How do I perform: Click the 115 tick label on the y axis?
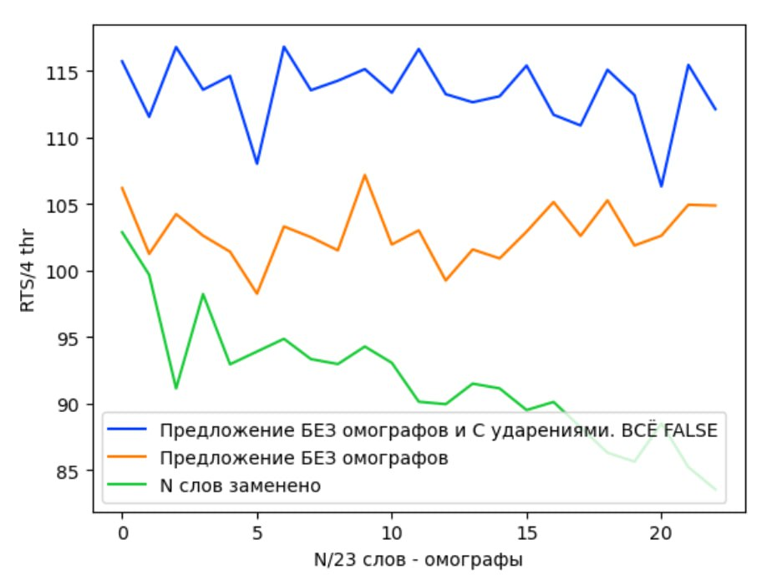(68, 72)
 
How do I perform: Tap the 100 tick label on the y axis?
(68, 272)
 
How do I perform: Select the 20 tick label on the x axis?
(661, 532)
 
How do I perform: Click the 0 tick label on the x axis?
(122, 532)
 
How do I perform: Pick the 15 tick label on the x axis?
(526, 532)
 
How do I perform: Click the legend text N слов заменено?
(240, 486)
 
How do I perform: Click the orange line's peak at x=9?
(364, 175)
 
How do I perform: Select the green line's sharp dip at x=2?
(176, 389)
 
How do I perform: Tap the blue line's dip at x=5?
(257, 164)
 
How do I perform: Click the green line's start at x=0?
(122, 232)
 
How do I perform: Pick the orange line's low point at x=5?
(257, 293)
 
